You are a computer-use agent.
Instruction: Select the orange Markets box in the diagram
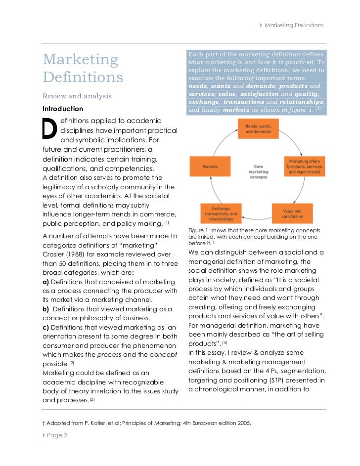[x=210, y=167]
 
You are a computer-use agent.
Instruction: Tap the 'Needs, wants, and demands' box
[x=258, y=129]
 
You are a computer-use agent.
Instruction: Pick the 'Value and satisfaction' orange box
[x=292, y=213]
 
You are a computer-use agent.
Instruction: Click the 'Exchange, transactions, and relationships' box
[x=220, y=213]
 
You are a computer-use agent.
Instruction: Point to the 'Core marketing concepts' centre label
[x=258, y=171]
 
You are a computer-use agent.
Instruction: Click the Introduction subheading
[x=63, y=109]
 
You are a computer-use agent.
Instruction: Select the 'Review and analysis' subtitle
[x=77, y=96]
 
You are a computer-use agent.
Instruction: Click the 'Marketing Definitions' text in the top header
[x=294, y=25]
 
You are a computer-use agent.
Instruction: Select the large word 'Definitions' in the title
[x=83, y=77]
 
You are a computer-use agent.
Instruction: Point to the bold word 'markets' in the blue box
[x=236, y=110]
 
